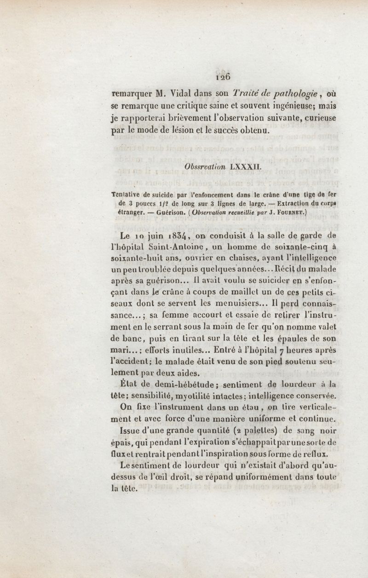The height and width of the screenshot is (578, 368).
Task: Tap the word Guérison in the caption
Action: (x=166, y=213)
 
